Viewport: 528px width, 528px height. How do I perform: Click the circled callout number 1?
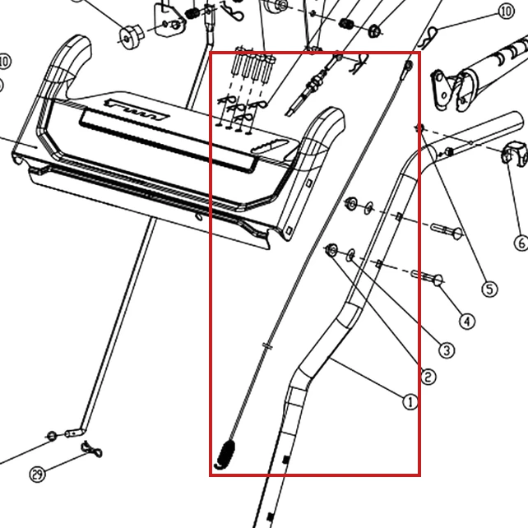[410, 401]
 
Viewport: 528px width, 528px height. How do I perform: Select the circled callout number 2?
[428, 377]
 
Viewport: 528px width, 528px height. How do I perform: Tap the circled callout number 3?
[447, 350]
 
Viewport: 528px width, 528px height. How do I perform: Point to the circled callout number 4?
[467, 322]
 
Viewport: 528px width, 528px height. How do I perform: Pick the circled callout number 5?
[489, 289]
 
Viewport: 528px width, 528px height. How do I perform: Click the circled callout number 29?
[37, 474]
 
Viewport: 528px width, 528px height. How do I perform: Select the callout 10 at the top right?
[506, 12]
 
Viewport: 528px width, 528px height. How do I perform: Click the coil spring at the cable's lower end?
[225, 454]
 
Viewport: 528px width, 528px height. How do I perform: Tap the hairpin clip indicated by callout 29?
[91, 449]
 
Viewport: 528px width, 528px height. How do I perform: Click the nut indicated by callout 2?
[331, 250]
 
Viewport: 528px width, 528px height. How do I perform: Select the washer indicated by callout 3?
[351, 255]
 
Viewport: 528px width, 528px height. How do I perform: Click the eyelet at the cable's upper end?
[409, 66]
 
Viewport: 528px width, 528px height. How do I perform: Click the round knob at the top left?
[132, 37]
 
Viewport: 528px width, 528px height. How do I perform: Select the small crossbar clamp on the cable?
[267, 345]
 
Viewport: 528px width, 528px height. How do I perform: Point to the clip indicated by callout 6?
[515, 154]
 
